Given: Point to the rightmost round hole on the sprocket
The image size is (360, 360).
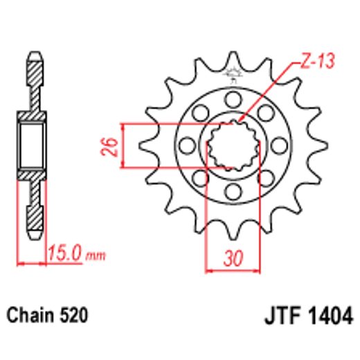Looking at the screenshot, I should click(x=280, y=145).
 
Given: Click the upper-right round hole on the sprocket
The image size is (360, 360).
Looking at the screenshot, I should click(x=267, y=111).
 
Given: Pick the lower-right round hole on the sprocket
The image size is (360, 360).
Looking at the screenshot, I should click(x=267, y=178).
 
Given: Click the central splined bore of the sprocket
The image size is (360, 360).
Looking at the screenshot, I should click(x=233, y=145).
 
